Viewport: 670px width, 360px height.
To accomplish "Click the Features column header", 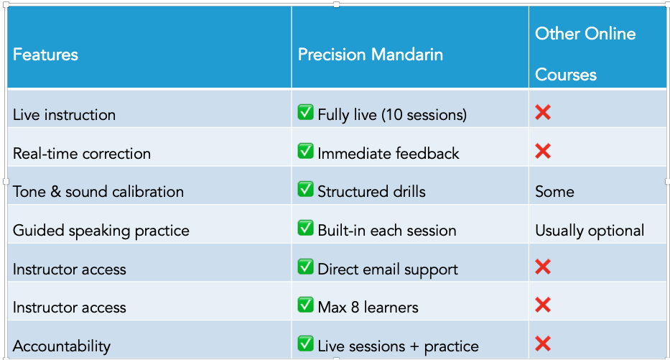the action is coord(46,55).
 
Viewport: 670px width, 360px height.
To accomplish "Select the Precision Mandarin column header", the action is coord(371,55).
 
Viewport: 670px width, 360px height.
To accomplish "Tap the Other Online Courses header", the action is coord(585,54).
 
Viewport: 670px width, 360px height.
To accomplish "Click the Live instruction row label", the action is coord(64,115).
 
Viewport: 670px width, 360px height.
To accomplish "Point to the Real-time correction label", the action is coord(82,154).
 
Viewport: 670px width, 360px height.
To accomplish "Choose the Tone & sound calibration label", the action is coord(98,192).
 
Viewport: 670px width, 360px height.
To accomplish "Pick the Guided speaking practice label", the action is coord(101,231).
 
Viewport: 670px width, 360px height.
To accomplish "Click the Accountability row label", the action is coord(62,346).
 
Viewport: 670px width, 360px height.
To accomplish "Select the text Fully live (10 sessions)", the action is coord(392,114).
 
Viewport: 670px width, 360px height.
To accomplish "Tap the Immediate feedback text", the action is coord(388,154).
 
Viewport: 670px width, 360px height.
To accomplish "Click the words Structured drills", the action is coord(372,192).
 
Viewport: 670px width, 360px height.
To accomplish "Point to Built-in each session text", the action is coord(387,231).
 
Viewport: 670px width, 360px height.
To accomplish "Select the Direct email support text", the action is coord(388,269).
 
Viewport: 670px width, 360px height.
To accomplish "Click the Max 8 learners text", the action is coord(368,308).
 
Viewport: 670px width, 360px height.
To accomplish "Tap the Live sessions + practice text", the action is coord(399,346).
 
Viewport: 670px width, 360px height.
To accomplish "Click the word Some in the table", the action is coord(554,192).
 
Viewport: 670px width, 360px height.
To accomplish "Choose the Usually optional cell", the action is coord(590,231).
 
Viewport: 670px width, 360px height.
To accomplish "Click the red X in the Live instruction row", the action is coord(543,112).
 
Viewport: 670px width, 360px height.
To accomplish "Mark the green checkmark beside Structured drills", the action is coord(305,189).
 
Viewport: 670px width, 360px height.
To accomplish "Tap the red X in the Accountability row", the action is coord(543,343).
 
